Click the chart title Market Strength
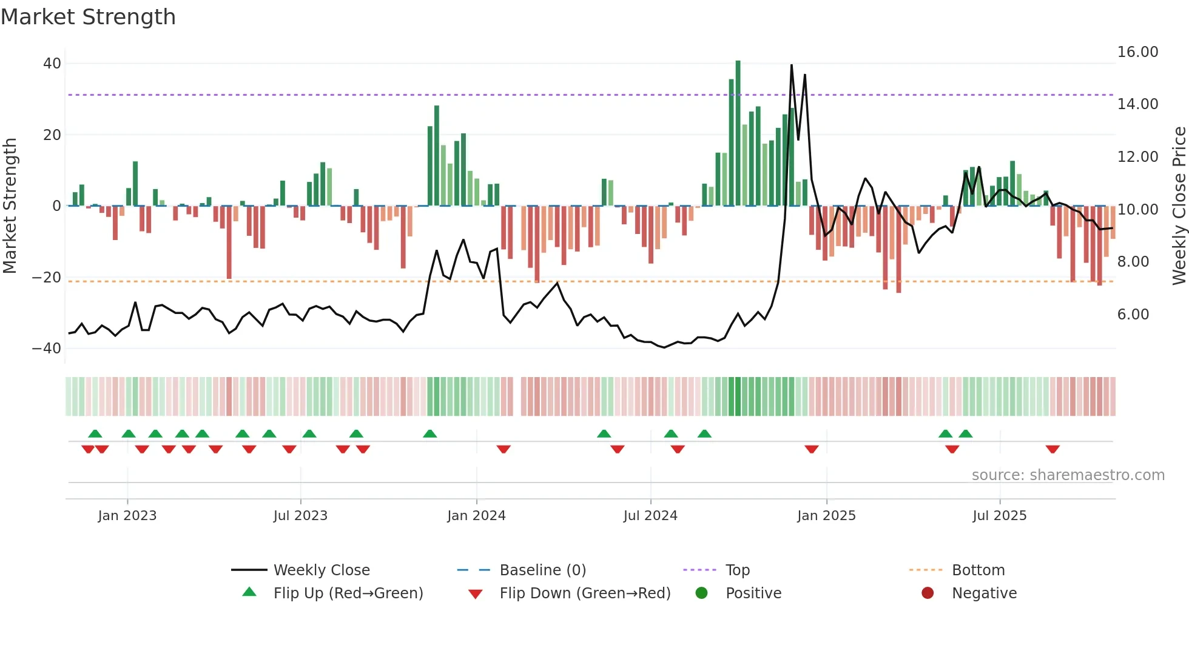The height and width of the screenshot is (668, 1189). pos(88,17)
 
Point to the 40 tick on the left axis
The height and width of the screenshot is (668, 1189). pos(52,64)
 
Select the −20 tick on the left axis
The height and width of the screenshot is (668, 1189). pos(47,278)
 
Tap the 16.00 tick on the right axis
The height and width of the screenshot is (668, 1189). pos(1137,52)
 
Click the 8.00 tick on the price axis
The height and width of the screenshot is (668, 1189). pos(1133,262)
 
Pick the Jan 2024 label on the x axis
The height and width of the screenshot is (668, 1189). pos(476,516)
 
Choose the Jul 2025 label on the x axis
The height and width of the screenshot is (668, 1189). pos(999,516)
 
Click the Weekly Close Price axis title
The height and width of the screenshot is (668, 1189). pos(1179,206)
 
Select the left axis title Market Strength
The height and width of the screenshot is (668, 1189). pos(10,206)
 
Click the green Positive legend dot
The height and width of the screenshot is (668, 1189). pos(702,593)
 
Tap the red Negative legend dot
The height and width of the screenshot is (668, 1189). pos(928,593)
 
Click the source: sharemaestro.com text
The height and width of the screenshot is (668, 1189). pos(1068,475)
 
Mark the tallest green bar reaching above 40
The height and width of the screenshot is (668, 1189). pos(738,133)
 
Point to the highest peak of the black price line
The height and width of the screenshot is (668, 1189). pos(792,65)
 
